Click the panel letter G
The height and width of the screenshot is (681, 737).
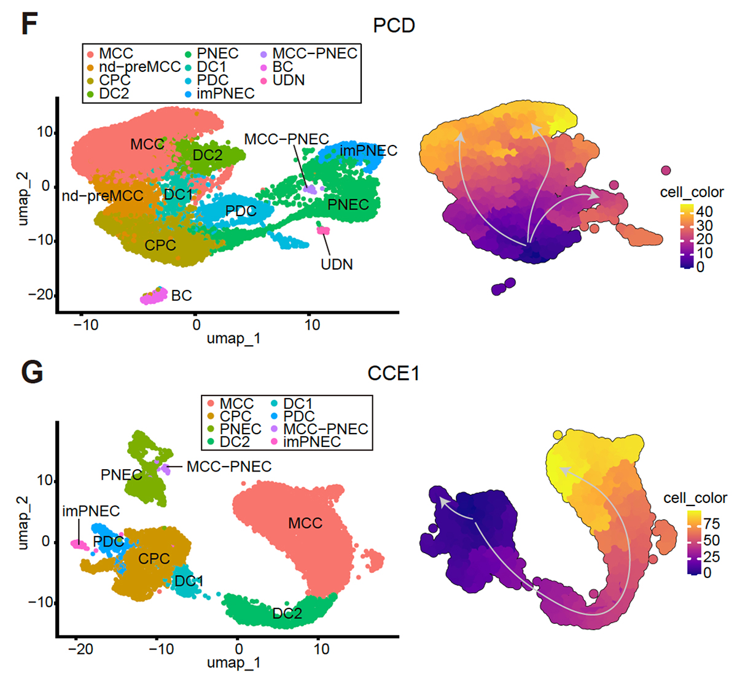(31, 372)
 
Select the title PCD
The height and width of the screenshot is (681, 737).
(394, 26)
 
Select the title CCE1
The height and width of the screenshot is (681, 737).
(393, 373)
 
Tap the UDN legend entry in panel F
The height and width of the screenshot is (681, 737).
(288, 80)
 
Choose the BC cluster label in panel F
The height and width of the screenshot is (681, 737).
(181, 296)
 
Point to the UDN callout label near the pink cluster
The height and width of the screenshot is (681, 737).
(337, 265)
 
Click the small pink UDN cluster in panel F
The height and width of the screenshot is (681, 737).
(323, 230)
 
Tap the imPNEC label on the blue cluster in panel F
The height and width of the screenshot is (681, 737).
(368, 150)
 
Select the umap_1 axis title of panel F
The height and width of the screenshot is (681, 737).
(233, 338)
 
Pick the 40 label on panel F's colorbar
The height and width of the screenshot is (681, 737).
(705, 212)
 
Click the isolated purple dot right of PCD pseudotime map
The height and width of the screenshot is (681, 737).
(666, 170)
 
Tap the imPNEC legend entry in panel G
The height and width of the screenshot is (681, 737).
(311, 442)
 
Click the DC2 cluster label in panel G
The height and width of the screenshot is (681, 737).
(287, 613)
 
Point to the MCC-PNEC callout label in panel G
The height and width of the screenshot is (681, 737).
(228, 467)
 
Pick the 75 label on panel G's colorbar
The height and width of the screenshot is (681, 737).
(711, 523)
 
